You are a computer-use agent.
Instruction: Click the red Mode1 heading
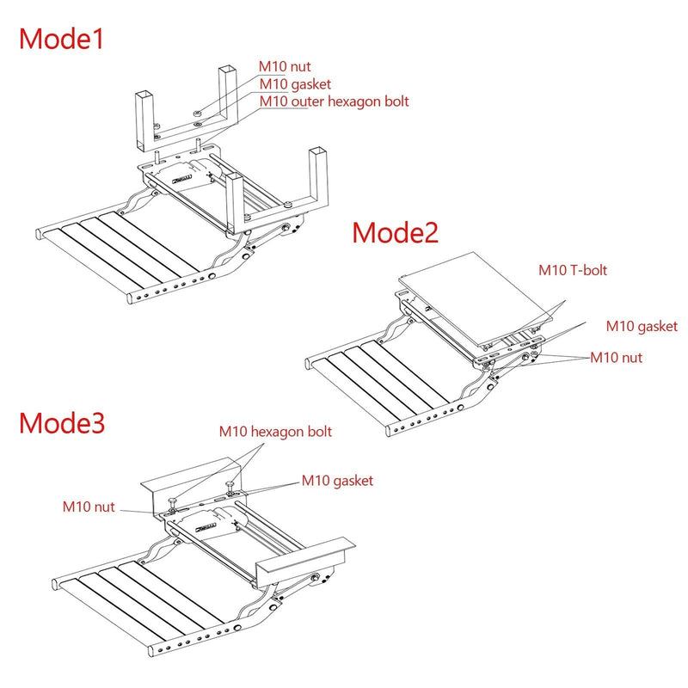[x=61, y=39]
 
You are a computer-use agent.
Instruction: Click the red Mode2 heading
[x=395, y=232]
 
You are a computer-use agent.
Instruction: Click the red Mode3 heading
[x=62, y=422]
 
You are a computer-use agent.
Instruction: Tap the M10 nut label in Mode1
[x=285, y=67]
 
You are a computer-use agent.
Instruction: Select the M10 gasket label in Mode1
[x=295, y=84]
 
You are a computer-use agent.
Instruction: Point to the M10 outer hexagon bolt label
[x=334, y=101]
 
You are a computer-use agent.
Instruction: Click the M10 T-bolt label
[x=573, y=270]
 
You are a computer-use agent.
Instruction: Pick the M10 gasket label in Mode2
[x=642, y=327]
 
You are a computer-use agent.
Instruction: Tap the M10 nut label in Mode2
[x=616, y=358]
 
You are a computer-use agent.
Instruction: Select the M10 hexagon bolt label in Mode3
[x=275, y=432]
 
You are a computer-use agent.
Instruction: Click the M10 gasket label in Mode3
[x=337, y=481]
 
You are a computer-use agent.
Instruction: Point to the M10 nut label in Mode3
[x=89, y=507]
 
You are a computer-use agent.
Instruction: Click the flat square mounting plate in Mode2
[x=476, y=298]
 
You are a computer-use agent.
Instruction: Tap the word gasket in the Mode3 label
[x=353, y=482]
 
